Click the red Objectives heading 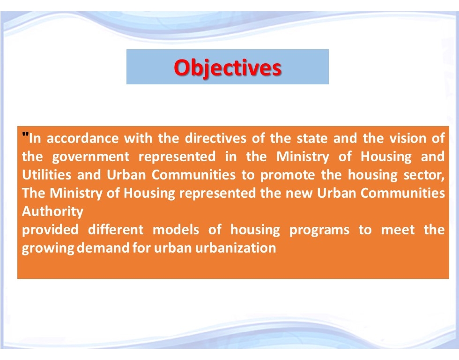[228, 67]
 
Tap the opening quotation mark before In [25, 136]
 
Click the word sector [425, 175]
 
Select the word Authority [52, 212]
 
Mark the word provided [49, 230]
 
